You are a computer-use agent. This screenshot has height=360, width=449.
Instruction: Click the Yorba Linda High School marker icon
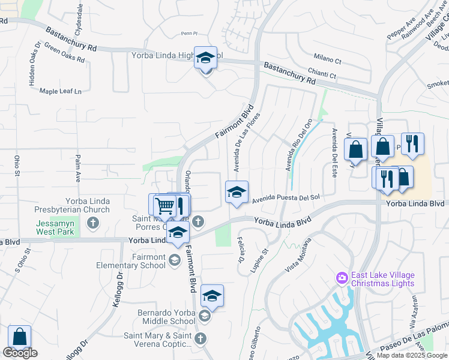(205, 58)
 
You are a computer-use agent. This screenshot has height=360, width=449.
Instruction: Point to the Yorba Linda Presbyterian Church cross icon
(92, 224)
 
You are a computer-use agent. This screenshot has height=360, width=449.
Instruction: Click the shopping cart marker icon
(164, 206)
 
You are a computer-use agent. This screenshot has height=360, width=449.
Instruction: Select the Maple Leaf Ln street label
(60, 91)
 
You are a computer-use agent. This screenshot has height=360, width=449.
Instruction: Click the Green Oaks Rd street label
(64, 55)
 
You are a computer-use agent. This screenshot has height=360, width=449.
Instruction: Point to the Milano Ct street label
(328, 61)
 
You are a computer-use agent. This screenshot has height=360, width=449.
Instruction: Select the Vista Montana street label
(298, 254)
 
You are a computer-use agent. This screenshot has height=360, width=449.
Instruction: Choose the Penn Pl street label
(188, 34)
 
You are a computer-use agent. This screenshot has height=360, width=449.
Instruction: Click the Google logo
(20, 353)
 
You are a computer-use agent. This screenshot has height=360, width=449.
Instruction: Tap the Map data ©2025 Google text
(411, 355)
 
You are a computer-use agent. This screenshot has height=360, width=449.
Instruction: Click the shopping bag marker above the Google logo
(20, 337)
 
